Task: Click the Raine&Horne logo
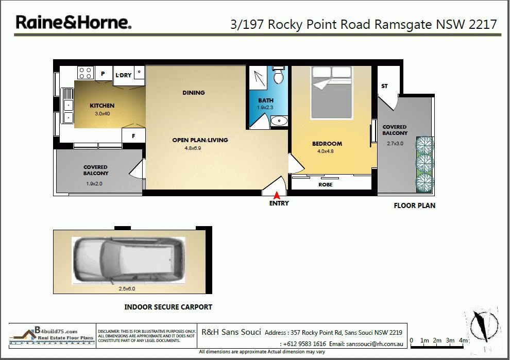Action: [74, 23]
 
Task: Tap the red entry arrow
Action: [277, 195]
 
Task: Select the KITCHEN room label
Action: [102, 106]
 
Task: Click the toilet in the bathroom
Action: [278, 75]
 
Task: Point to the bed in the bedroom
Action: [331, 93]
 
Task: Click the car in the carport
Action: [128, 260]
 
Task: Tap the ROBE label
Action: [325, 185]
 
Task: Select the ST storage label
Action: [384, 86]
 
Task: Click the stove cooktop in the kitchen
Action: [85, 73]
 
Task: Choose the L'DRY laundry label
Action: [124, 75]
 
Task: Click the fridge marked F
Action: [133, 136]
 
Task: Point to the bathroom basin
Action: [279, 121]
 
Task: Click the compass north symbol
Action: [483, 326]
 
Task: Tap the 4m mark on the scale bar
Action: [463, 340]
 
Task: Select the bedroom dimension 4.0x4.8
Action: [325, 151]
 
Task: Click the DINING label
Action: [194, 93]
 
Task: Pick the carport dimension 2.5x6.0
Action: [127, 289]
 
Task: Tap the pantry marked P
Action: [103, 74]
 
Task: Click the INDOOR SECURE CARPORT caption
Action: [168, 307]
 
